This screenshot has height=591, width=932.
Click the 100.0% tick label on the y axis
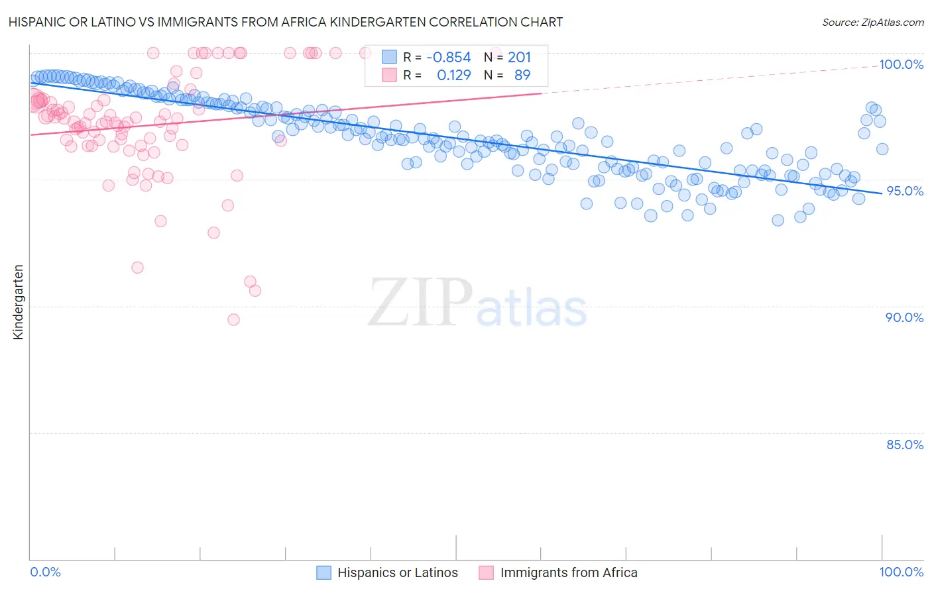901,64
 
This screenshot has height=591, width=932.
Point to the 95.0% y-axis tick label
905,191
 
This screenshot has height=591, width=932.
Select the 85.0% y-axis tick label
905,445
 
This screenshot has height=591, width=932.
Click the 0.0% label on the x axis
45,572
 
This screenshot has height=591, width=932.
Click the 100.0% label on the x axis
901,572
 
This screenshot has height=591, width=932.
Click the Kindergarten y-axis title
19,302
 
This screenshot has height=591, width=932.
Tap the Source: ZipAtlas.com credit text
872,23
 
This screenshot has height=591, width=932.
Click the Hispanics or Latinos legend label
397,573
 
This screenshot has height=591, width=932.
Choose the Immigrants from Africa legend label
568,573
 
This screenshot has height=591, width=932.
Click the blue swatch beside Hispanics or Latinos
323,573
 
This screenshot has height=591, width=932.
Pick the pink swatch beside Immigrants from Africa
487,573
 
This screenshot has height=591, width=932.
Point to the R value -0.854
448,58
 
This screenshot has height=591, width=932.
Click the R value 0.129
453,76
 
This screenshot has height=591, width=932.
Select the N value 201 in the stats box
519,58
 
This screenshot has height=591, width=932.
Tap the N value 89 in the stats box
522,76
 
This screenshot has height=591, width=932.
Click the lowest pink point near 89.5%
233,319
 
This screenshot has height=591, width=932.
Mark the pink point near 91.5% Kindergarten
137,268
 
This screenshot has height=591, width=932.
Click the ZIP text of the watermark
420,303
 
